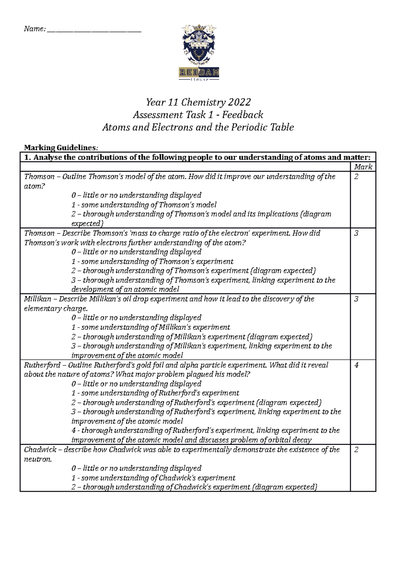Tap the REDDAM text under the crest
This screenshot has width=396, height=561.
click(199, 72)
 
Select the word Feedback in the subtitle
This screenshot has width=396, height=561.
click(243, 115)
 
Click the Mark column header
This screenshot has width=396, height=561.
click(363, 167)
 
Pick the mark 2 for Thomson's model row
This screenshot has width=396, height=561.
click(356, 177)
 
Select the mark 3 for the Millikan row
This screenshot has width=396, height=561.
click(356, 299)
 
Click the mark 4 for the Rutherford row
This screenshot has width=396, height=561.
click(356, 365)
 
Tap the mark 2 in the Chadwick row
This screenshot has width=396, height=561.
click(356, 450)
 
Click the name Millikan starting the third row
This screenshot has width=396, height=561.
click(37, 299)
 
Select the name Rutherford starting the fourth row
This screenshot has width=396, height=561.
click(42, 365)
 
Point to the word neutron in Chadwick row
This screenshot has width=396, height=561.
click(38, 459)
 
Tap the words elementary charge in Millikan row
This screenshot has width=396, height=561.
click(55, 309)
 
